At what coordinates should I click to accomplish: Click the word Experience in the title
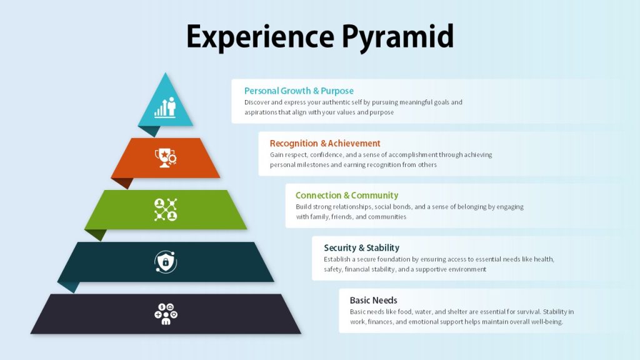(x=260, y=36)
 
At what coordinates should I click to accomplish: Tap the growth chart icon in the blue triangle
(x=165, y=107)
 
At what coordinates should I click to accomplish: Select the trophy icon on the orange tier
(x=165, y=157)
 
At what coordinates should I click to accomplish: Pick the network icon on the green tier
(x=165, y=210)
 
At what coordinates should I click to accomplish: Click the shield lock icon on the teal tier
(x=165, y=262)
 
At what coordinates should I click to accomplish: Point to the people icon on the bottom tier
(x=166, y=314)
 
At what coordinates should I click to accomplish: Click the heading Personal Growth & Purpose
(x=299, y=91)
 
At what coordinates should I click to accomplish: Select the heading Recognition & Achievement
(x=325, y=143)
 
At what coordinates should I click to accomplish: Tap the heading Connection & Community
(x=347, y=196)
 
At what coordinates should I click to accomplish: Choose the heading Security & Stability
(x=362, y=247)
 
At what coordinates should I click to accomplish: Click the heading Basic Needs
(x=374, y=301)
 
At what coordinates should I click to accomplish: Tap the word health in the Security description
(x=544, y=259)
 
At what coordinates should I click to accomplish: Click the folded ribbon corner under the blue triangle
(x=149, y=131)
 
